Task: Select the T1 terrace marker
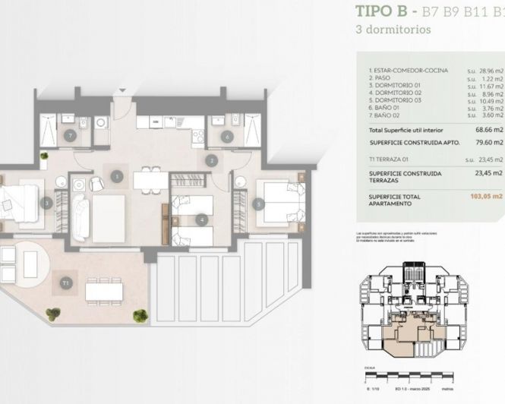point(66,283)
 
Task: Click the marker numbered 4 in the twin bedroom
point(201,220)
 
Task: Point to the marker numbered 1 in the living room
point(116,175)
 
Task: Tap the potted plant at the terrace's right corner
point(140,314)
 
